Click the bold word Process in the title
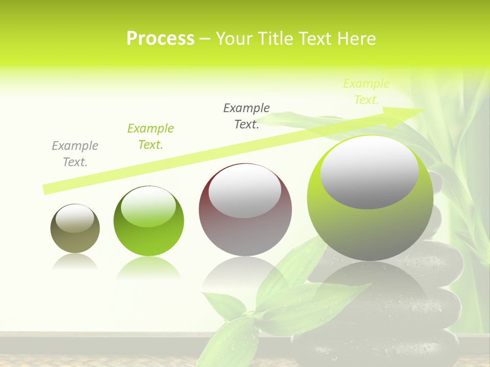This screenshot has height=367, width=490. pyautogui.click(x=160, y=39)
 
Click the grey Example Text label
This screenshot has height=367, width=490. pyautogui.click(x=75, y=154)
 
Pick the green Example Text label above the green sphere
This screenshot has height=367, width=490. pyautogui.click(x=151, y=137)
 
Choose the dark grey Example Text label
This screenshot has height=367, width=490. pyautogui.click(x=247, y=116)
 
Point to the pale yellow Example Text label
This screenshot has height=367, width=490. pyautogui.click(x=366, y=92)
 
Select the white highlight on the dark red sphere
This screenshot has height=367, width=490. pyautogui.click(x=245, y=191)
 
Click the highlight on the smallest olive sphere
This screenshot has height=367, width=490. pyautogui.click(x=75, y=219)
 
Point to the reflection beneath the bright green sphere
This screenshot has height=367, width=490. pyautogui.click(x=149, y=268)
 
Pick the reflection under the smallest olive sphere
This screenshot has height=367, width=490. pyautogui.click(x=75, y=261)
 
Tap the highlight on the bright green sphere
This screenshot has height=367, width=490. pyautogui.click(x=149, y=206)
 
